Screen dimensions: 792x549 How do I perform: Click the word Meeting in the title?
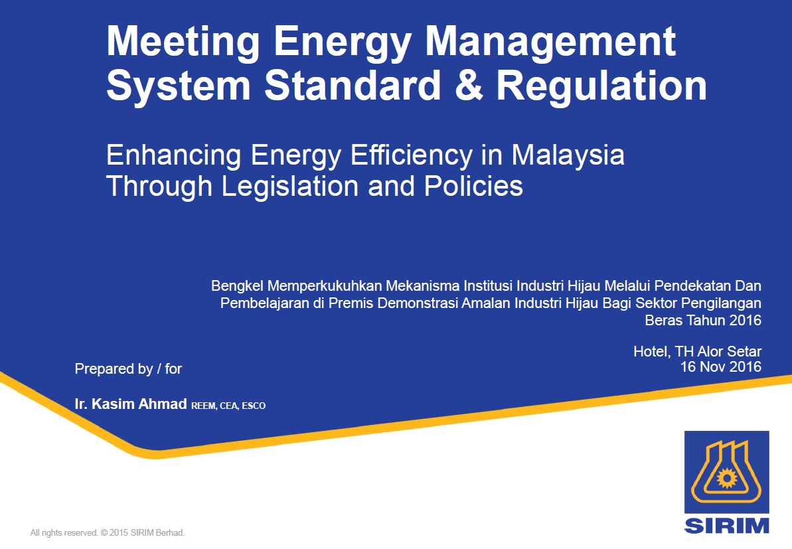point(183,43)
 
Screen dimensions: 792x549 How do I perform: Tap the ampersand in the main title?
point(469,85)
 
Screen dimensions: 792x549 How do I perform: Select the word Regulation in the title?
point(601,85)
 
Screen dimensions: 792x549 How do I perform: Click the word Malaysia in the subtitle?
point(568,156)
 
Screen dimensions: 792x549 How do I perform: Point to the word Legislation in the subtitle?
point(290,187)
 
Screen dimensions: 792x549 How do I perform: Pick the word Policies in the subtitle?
point(473,187)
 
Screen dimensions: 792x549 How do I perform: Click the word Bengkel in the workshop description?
point(237,286)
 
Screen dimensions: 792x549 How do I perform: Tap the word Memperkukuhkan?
point(324,286)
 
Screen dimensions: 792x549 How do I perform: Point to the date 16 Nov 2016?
point(721,366)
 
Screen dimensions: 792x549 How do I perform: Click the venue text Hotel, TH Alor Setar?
point(697,351)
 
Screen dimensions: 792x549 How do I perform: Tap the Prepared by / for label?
point(128,369)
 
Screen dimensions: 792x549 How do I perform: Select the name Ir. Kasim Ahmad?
point(131,404)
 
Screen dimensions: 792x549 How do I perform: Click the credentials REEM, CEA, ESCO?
point(228,406)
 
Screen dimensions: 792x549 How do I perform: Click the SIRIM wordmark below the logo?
point(727,525)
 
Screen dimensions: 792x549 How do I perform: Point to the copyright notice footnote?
point(108,533)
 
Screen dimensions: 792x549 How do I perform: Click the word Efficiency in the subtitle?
point(412,156)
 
